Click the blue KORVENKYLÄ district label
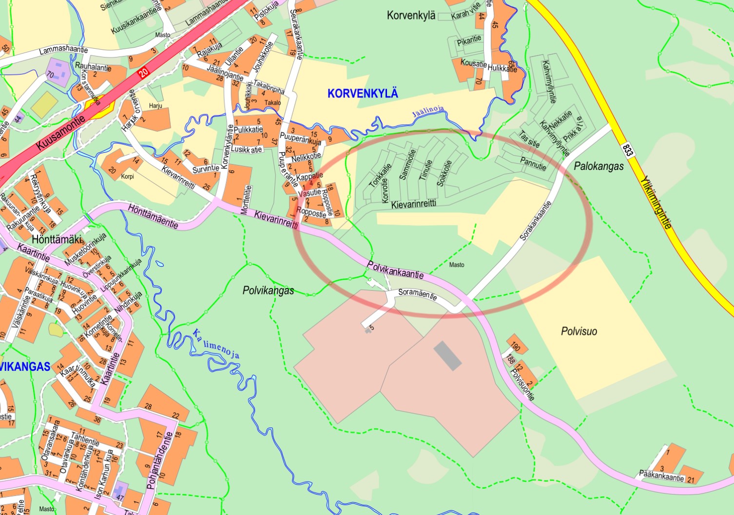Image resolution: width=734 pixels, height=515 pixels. click(x=363, y=93)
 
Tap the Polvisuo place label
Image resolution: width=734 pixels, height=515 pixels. click(x=579, y=331)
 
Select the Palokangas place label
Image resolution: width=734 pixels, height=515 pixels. click(x=599, y=166)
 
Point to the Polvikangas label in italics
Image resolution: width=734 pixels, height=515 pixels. click(x=268, y=291)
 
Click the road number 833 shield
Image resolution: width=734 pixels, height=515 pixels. click(x=627, y=149)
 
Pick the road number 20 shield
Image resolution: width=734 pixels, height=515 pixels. click(x=142, y=74)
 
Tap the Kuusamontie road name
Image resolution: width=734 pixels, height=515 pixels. click(x=60, y=132)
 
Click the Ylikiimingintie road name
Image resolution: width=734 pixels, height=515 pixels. click(x=657, y=202)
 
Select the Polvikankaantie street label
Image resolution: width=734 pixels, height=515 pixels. click(x=395, y=270)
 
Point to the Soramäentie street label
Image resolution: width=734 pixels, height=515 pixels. click(x=417, y=294)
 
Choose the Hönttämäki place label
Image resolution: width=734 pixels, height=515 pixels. click(x=57, y=239)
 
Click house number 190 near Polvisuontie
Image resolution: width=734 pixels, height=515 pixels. click(x=516, y=346)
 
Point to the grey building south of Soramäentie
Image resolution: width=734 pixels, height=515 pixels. click(x=447, y=355)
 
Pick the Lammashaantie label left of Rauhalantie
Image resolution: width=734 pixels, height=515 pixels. click(x=63, y=50)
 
